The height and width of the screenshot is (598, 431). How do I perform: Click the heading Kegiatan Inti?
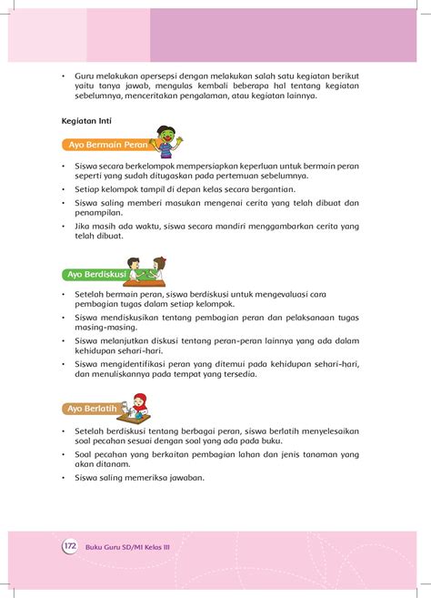coord(89,119)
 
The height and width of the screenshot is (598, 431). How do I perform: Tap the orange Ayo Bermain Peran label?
coord(102,144)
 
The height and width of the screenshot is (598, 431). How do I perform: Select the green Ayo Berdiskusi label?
coord(95,274)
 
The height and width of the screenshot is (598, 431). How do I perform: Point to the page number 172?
coord(69,546)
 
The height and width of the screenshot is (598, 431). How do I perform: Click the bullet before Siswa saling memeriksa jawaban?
coord(64,478)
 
